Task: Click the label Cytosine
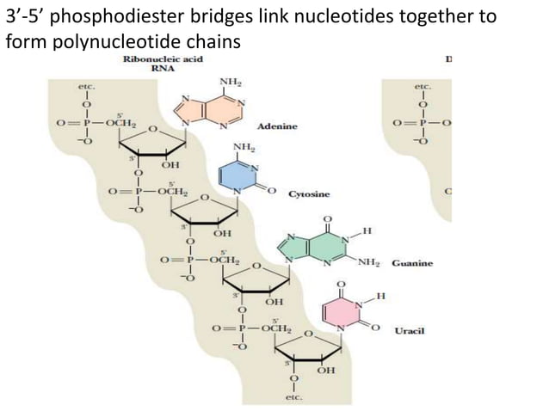point(308,194)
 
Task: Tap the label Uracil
point(409,330)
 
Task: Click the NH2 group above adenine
point(230,83)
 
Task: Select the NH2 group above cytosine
point(244,149)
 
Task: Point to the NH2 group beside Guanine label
point(370,262)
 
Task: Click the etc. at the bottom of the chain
point(293,397)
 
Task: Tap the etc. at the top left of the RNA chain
point(86,87)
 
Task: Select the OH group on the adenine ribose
point(170,165)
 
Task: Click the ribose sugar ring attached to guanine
point(258,279)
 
